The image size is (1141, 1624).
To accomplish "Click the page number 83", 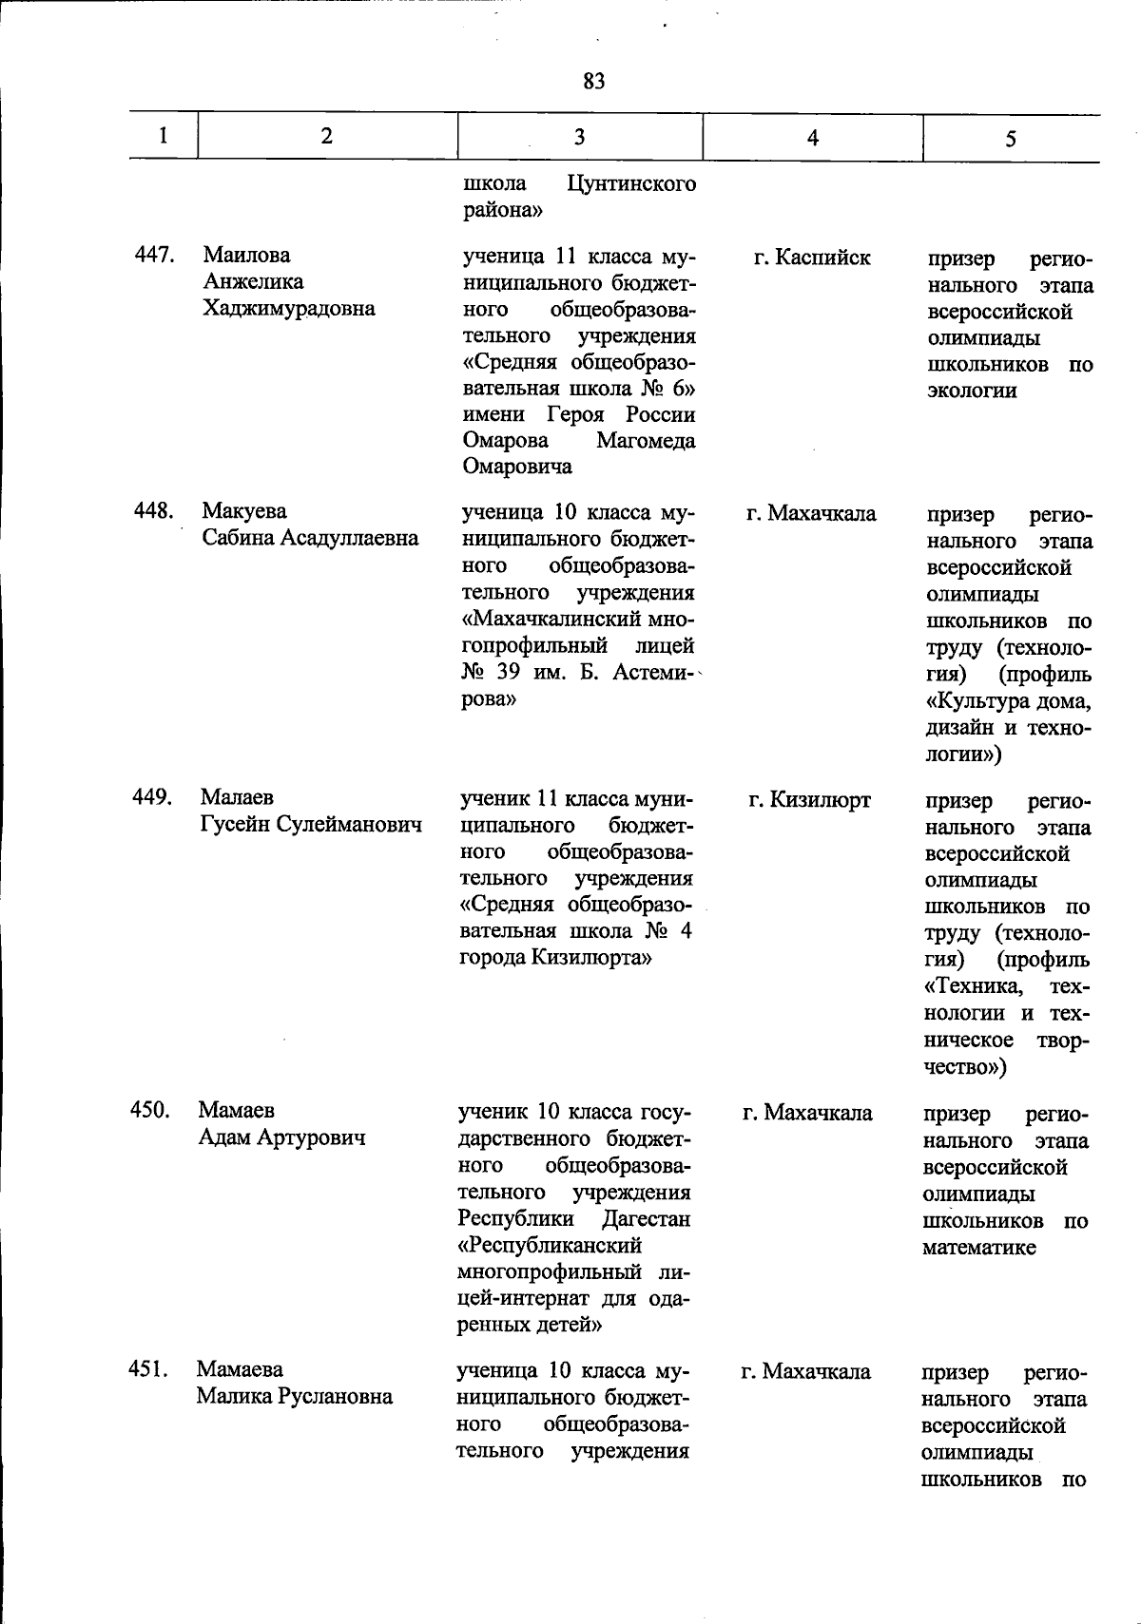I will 593,82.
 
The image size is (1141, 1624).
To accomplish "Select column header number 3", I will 579,137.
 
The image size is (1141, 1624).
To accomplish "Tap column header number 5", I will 1011,139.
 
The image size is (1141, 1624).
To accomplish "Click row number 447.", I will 153,255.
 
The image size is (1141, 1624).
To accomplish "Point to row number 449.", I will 152,797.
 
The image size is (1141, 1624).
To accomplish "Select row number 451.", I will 148,1369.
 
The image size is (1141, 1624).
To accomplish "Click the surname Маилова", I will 246,255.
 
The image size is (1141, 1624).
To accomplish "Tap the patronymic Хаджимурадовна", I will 289,308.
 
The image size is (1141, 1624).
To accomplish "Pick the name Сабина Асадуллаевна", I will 310,538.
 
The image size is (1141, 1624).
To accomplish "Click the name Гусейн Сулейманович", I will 310,824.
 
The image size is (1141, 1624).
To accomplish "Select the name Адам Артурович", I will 281,1137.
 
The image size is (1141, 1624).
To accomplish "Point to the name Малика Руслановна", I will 294,1396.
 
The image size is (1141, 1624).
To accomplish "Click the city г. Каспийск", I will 811,257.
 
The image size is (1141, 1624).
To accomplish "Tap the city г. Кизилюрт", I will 808,800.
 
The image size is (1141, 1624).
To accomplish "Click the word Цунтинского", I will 630,183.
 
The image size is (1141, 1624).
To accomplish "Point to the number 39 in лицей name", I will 513,672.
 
